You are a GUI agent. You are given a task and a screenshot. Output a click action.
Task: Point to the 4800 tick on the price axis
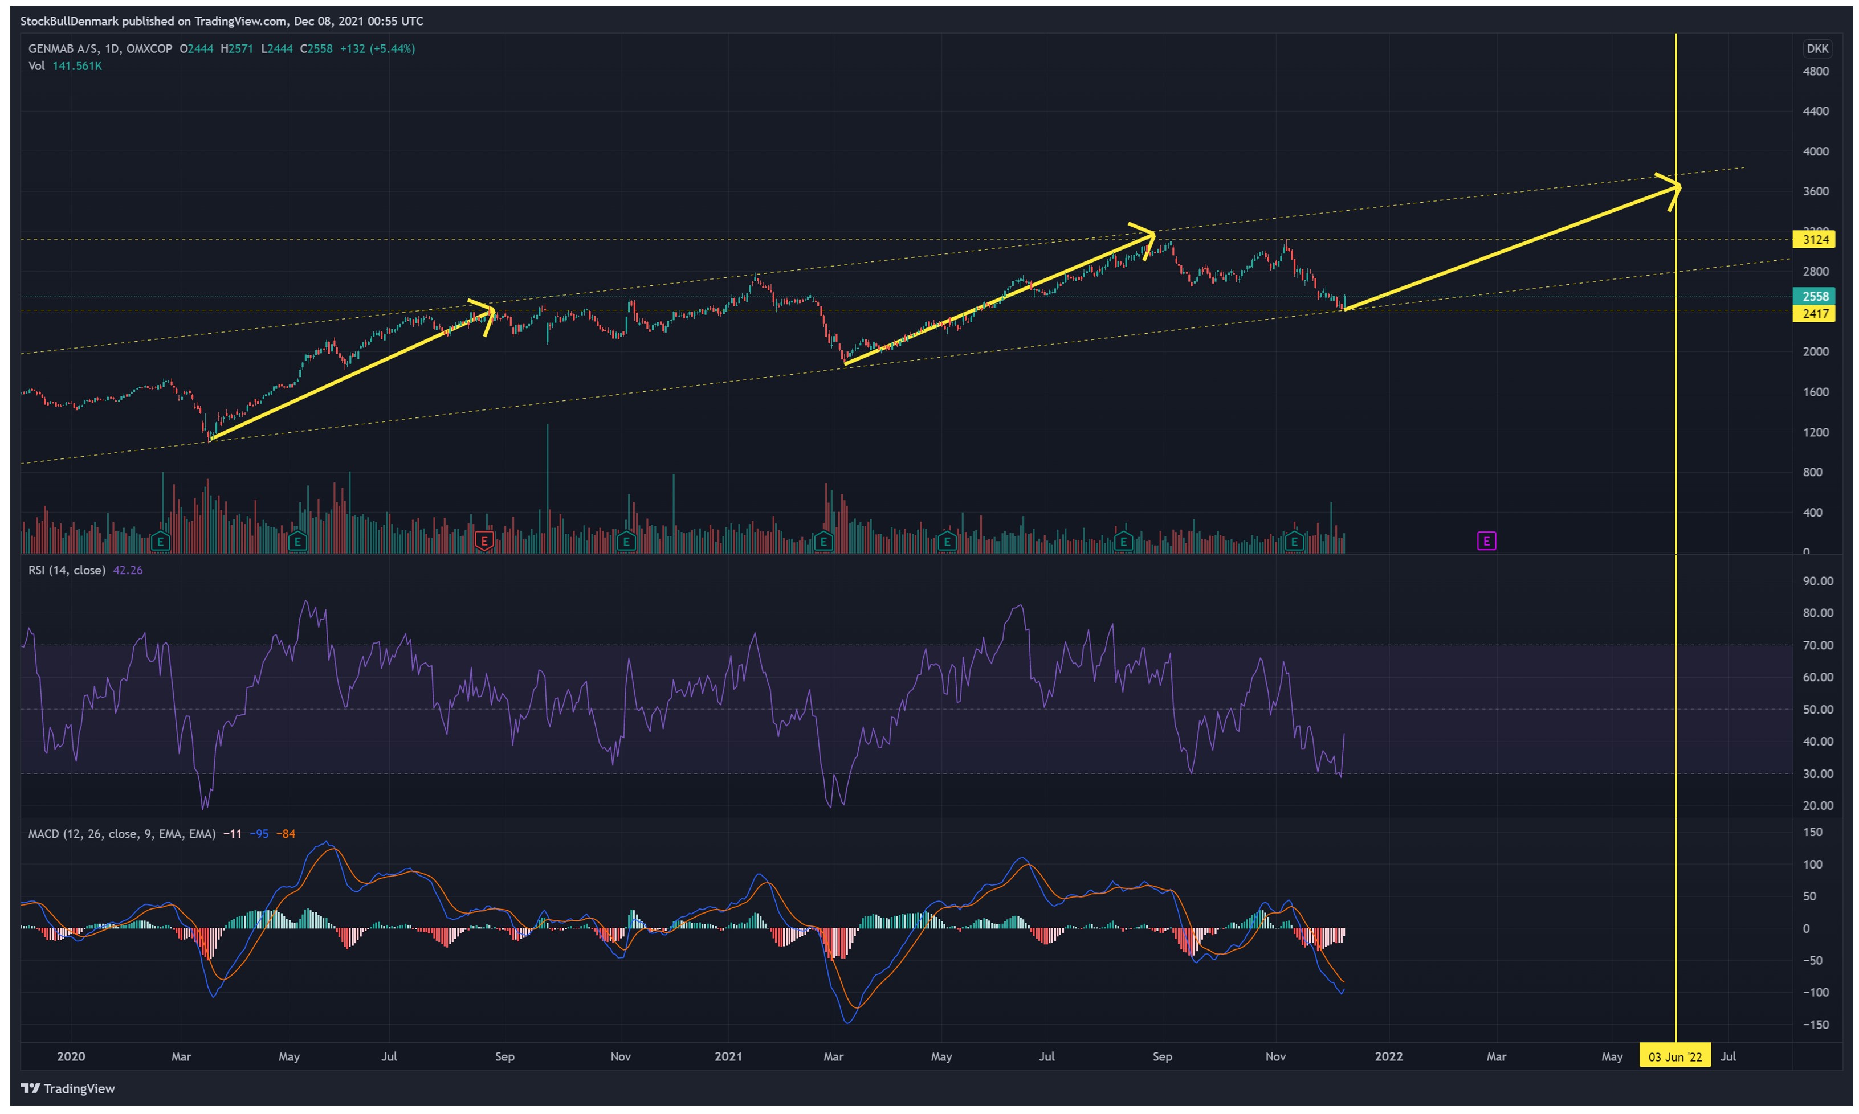(x=1816, y=71)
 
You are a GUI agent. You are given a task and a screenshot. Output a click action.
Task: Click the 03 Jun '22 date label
(x=1674, y=1057)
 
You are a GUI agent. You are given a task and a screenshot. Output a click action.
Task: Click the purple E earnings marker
(x=1486, y=541)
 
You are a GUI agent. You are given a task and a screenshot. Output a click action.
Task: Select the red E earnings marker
(x=484, y=541)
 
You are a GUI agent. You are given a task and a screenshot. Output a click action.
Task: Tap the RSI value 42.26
(x=128, y=571)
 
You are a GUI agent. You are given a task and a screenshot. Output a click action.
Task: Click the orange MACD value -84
(x=286, y=834)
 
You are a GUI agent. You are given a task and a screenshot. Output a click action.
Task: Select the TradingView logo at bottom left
(x=68, y=1088)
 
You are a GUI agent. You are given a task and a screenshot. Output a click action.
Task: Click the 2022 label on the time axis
(x=1388, y=1057)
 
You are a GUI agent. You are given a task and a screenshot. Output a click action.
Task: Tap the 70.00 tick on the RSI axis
(x=1818, y=646)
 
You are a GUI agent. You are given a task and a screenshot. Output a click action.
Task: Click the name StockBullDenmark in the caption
(x=69, y=21)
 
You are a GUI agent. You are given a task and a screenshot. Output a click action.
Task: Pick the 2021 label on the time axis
(x=728, y=1057)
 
